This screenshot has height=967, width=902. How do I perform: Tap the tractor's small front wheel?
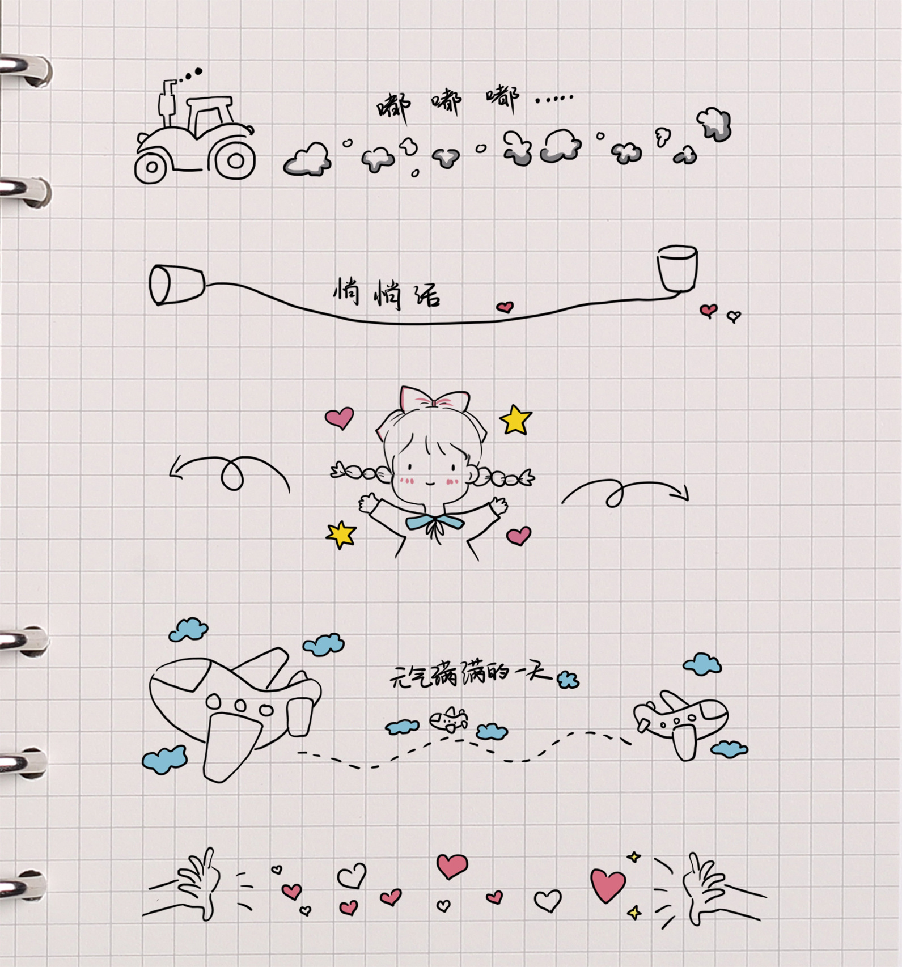pos(151,167)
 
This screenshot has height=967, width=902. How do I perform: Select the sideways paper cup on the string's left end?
pos(176,285)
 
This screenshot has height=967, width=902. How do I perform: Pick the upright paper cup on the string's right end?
pos(677,268)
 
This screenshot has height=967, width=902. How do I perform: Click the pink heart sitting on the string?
pos(505,307)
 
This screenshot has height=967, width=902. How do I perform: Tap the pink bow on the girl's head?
pos(435,400)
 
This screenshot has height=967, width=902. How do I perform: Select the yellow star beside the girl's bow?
pos(515,420)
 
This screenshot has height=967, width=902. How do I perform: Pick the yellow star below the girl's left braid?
pos(341,534)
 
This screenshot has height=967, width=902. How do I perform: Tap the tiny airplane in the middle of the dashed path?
pos(449,720)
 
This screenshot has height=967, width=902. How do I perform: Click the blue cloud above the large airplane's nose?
pos(189,629)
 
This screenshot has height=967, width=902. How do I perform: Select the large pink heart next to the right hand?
pos(608,885)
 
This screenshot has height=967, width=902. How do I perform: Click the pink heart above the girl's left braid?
pos(340,418)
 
